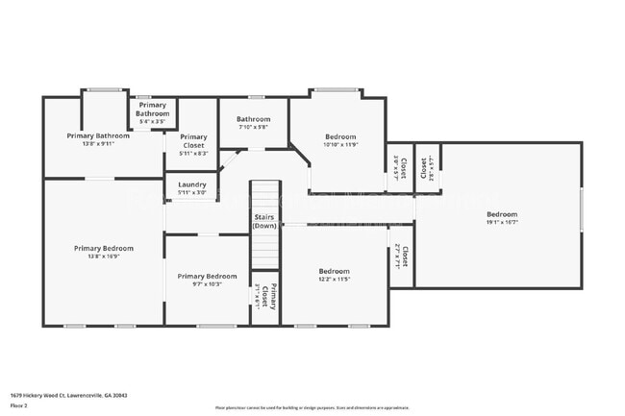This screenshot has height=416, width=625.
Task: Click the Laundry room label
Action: coord(192,184)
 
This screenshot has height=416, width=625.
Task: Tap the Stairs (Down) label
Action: coord(265,221)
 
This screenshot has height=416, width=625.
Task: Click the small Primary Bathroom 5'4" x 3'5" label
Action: coord(152,113)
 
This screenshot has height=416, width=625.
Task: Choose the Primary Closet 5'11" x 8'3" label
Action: coord(193,144)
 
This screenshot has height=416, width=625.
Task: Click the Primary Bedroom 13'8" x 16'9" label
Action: coord(104,252)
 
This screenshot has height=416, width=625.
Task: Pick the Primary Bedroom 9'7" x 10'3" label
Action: coord(207,280)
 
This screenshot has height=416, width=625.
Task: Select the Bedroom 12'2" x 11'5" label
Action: coord(334,276)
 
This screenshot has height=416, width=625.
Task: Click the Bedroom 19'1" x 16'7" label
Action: coord(501,218)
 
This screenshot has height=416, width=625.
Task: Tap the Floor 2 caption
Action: coord(19,405)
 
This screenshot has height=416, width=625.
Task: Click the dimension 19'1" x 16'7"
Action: coord(501,222)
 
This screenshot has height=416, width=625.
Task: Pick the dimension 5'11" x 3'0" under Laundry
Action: coord(192,193)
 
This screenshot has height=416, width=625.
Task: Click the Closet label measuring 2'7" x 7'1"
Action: coord(403,257)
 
